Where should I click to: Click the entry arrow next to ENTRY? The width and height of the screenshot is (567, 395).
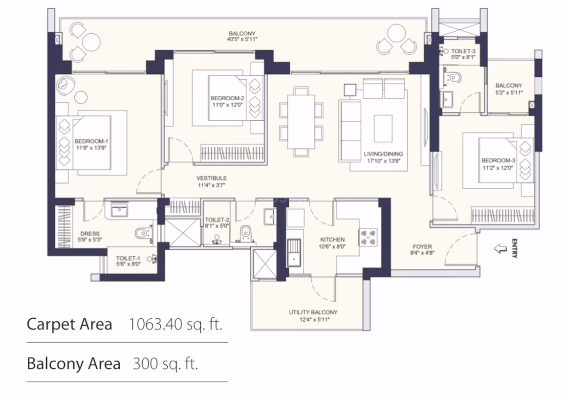click(501, 248)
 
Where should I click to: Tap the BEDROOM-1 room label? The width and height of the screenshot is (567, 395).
click(91, 141)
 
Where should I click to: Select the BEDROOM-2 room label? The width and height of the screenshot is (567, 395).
click(227, 98)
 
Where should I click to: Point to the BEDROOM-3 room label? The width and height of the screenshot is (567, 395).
click(498, 160)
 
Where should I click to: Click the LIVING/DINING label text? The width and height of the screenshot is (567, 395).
click(383, 154)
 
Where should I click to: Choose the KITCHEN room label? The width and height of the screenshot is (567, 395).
click(332, 240)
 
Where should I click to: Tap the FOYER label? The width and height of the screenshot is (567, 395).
click(422, 247)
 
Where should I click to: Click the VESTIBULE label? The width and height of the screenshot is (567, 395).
click(212, 178)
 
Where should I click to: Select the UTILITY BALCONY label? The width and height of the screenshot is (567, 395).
click(313, 312)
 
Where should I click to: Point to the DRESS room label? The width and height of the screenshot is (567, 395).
click(89, 234)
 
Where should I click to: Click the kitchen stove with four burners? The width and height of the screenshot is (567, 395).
click(368, 237)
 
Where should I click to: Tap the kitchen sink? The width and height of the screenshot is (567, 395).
click(294, 253)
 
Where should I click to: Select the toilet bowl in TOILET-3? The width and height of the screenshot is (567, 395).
click(454, 77)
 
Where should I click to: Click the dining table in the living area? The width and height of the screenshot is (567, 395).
click(301, 122)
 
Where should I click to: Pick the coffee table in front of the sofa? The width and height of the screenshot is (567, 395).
click(383, 129)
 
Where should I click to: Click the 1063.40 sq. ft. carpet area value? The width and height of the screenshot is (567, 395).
click(175, 324)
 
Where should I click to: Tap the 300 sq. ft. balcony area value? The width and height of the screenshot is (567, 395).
click(166, 364)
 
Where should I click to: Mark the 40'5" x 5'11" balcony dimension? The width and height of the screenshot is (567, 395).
click(242, 39)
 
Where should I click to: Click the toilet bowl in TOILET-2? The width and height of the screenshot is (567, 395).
click(246, 233)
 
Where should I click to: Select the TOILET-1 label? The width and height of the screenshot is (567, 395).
click(128, 258)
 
